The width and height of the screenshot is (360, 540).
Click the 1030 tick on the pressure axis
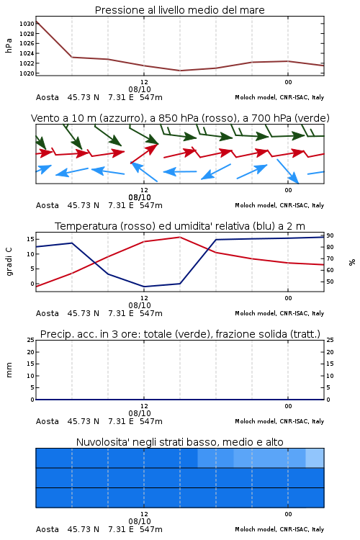(x=27, y=24)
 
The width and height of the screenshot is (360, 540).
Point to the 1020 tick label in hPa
(x=27, y=73)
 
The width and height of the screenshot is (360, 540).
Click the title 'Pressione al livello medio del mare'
(x=179, y=10)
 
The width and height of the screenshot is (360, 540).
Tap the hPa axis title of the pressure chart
(x=9, y=45)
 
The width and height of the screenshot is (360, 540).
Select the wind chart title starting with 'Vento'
(x=180, y=118)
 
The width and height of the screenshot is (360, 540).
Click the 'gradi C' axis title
(x=9, y=261)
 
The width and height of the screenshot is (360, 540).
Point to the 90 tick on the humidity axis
(x=330, y=235)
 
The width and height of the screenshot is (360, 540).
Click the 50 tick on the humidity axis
(x=330, y=282)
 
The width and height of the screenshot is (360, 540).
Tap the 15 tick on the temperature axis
(x=30, y=239)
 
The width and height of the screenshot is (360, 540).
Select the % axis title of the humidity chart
(x=352, y=262)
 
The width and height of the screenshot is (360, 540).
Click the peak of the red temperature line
(x=179, y=237)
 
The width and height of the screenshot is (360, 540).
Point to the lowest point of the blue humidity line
(x=144, y=287)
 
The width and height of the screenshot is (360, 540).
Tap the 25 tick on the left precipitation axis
(x=30, y=340)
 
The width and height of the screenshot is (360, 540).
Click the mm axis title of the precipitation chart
(x=9, y=369)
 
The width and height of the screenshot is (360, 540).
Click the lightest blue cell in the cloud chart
(x=315, y=458)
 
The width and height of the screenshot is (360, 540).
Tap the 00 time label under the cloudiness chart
(x=288, y=514)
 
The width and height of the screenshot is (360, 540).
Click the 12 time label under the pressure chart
(x=144, y=82)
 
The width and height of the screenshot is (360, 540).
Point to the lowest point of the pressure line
(x=180, y=71)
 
